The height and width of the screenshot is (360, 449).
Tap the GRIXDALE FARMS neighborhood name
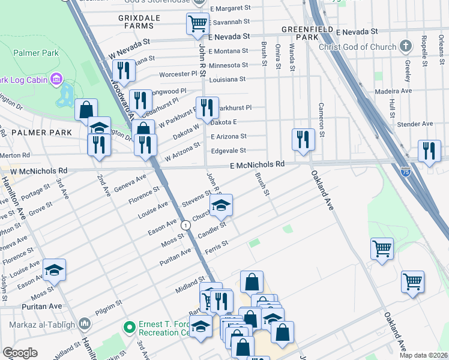point(139,22)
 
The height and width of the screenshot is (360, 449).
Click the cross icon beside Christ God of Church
point(407,46)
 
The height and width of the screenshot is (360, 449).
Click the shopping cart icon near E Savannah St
point(197,24)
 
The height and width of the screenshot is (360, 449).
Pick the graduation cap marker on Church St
point(221,206)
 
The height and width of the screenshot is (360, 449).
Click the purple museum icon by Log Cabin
point(57,79)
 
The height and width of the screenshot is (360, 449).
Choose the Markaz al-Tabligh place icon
point(84,325)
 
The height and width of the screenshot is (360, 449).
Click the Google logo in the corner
point(20,353)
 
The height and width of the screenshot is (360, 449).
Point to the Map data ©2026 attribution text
point(424,355)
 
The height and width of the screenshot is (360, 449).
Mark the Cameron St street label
point(322,124)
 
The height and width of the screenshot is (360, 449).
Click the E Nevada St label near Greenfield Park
point(357,31)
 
